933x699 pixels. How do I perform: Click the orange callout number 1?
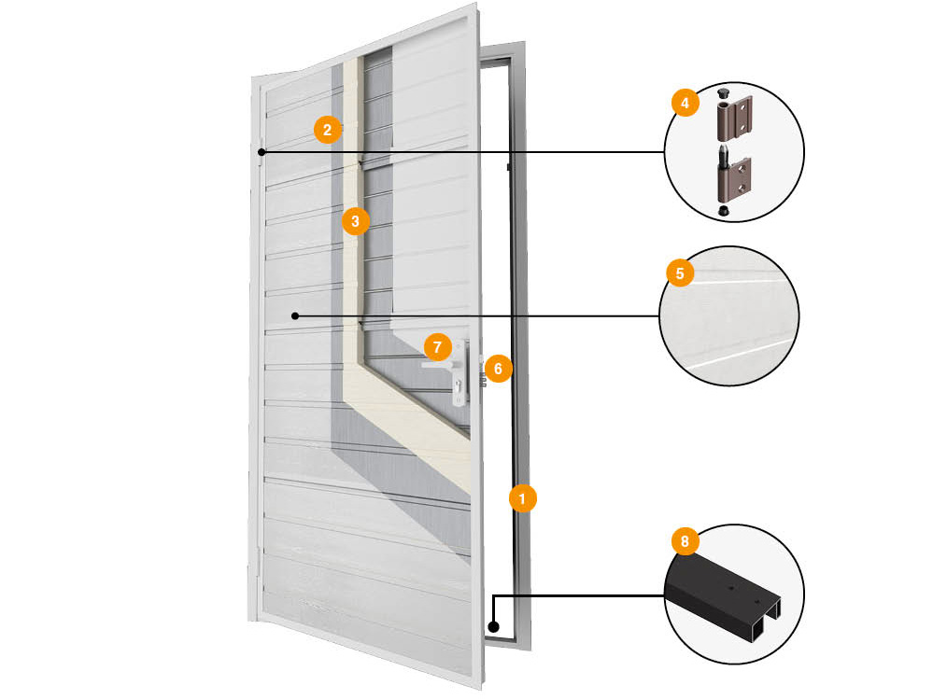tap(523, 498)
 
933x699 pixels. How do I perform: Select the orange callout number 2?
tap(327, 129)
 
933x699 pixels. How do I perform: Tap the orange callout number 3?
tap(355, 221)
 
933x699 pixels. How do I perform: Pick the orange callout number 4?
tap(685, 103)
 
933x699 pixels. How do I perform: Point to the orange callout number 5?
tap(680, 273)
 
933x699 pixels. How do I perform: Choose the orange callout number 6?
tap(498, 369)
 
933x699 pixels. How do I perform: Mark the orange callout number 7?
tap(438, 346)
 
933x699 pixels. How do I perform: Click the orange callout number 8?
tap(685, 541)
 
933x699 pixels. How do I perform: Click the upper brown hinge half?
tap(734, 118)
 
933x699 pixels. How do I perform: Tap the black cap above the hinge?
tap(724, 92)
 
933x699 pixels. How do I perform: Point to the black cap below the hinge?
tap(724, 211)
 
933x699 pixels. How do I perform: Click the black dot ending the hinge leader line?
tap(262, 152)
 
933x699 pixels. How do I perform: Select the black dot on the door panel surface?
tap(295, 316)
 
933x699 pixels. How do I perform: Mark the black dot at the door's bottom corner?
tap(493, 626)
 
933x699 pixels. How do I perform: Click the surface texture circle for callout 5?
tap(729, 315)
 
